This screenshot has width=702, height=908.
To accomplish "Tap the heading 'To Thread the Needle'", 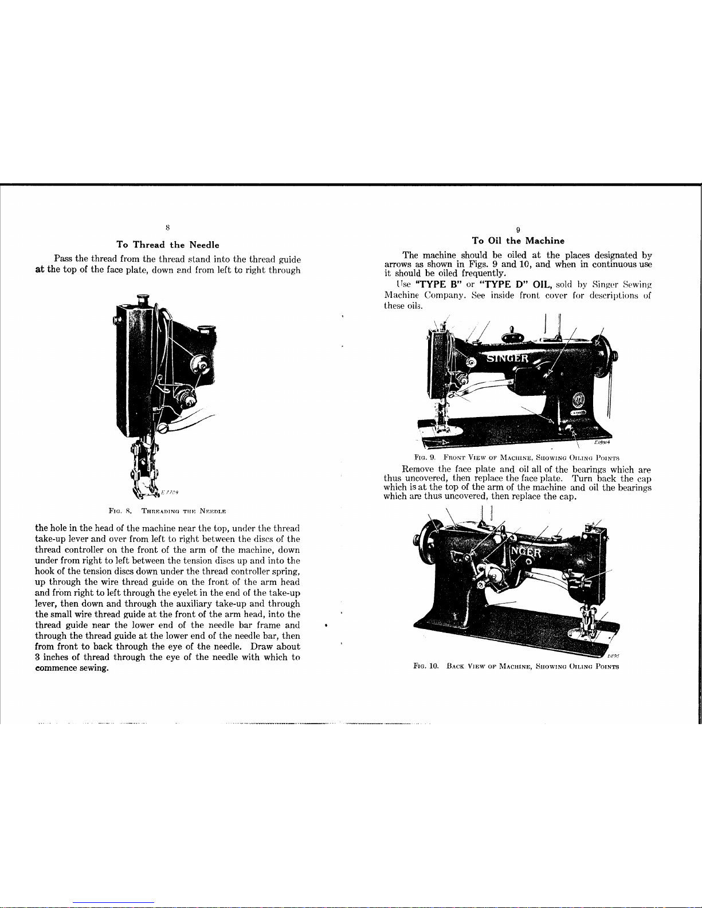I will pyautogui.click(x=168, y=245).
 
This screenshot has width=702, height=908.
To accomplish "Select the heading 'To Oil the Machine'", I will pyautogui.click(x=518, y=241).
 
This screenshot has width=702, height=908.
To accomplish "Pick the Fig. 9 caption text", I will pyautogui.click(x=517, y=457).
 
